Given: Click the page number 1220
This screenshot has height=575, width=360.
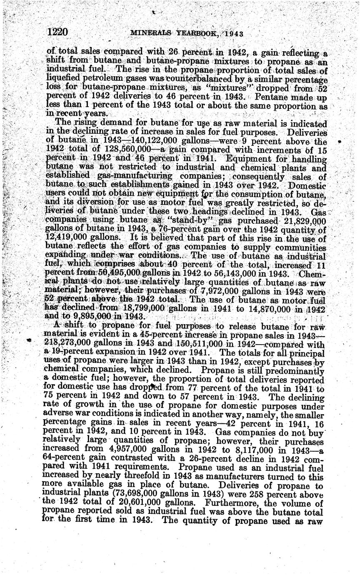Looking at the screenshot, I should point(60,32).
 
